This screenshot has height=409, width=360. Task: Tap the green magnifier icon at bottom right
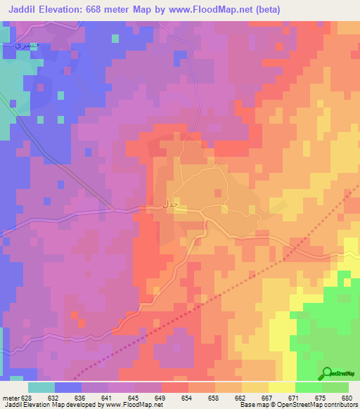point(327,373)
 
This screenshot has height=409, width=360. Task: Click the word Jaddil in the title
point(26,10)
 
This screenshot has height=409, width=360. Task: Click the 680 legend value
point(345,398)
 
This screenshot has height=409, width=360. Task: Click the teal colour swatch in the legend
point(41,387)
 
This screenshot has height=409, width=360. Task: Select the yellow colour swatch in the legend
point(282,387)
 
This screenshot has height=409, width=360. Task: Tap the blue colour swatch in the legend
point(68,387)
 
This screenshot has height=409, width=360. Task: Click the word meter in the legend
point(11,398)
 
